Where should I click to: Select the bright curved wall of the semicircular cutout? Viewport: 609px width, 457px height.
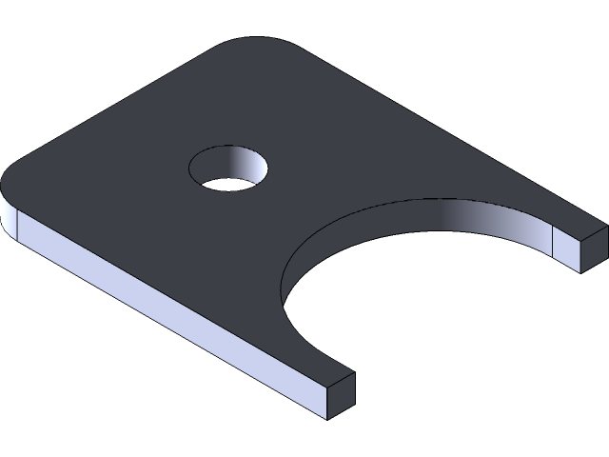[476, 224]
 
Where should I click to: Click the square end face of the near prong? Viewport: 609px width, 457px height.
[340, 395]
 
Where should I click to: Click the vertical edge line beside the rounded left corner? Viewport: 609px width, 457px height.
[19, 224]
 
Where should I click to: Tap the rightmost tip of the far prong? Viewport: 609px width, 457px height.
[606, 228]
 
